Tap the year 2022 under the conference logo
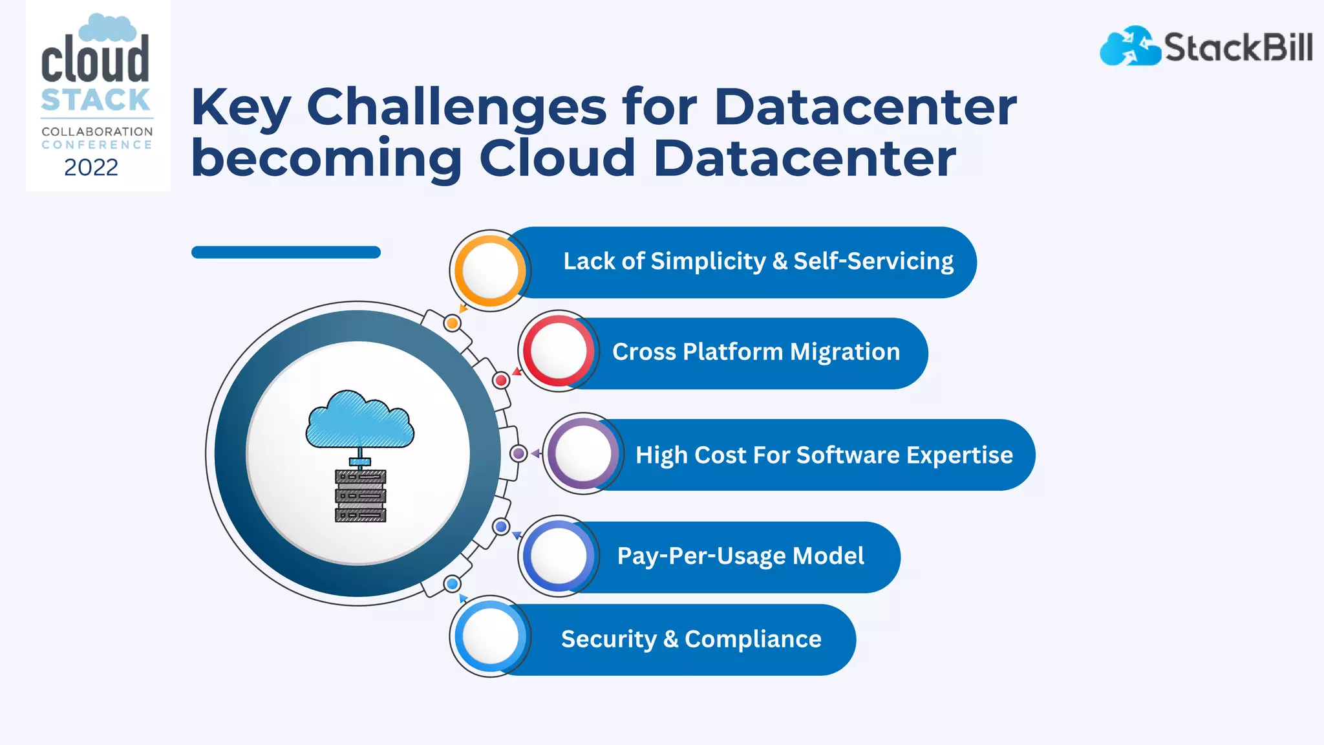tap(91, 167)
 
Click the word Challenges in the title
tap(456, 107)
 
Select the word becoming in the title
tap(326, 158)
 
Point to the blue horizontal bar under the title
tap(286, 252)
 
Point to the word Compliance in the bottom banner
tap(753, 640)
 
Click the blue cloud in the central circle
tap(360, 420)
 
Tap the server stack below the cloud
tap(360, 495)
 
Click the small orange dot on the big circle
tap(453, 323)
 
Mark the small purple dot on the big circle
tap(518, 453)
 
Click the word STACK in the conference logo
tap(96, 100)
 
